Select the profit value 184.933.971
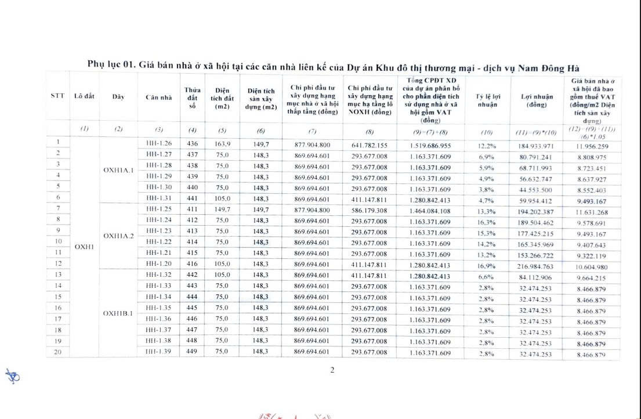tap(535, 145)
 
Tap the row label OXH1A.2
tap(118, 236)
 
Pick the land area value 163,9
tap(223, 143)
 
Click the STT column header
tap(57, 96)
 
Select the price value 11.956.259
tap(593, 146)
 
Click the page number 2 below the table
tap(332, 371)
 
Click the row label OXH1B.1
tap(118, 313)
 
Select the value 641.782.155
tap(370, 145)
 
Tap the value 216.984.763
tap(535, 265)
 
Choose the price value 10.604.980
tap(593, 266)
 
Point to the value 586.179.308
tap(370, 209)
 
